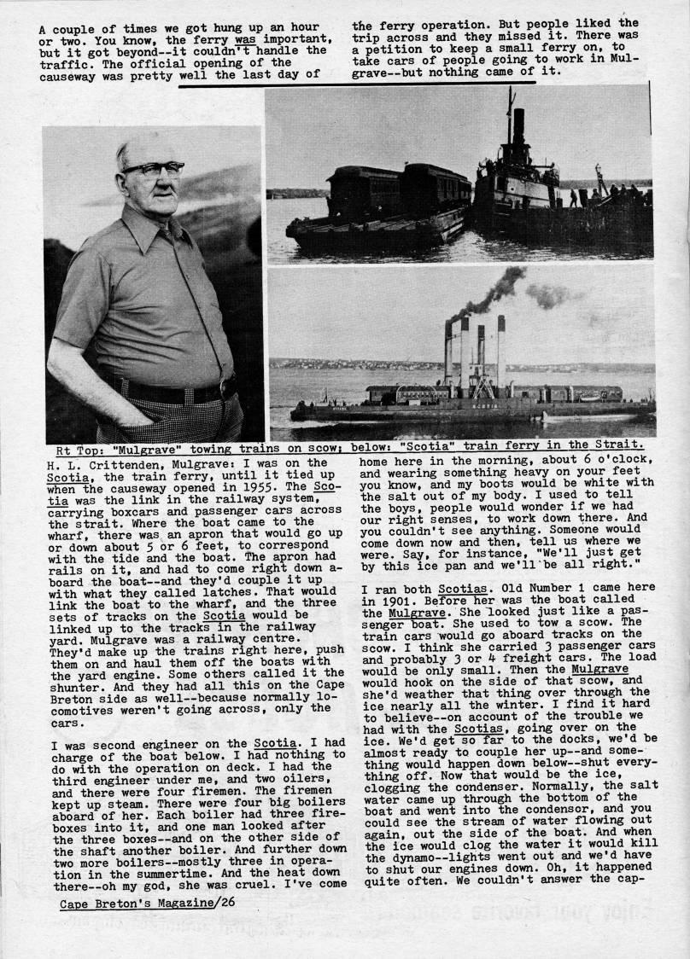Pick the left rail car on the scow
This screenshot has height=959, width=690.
point(364,191)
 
